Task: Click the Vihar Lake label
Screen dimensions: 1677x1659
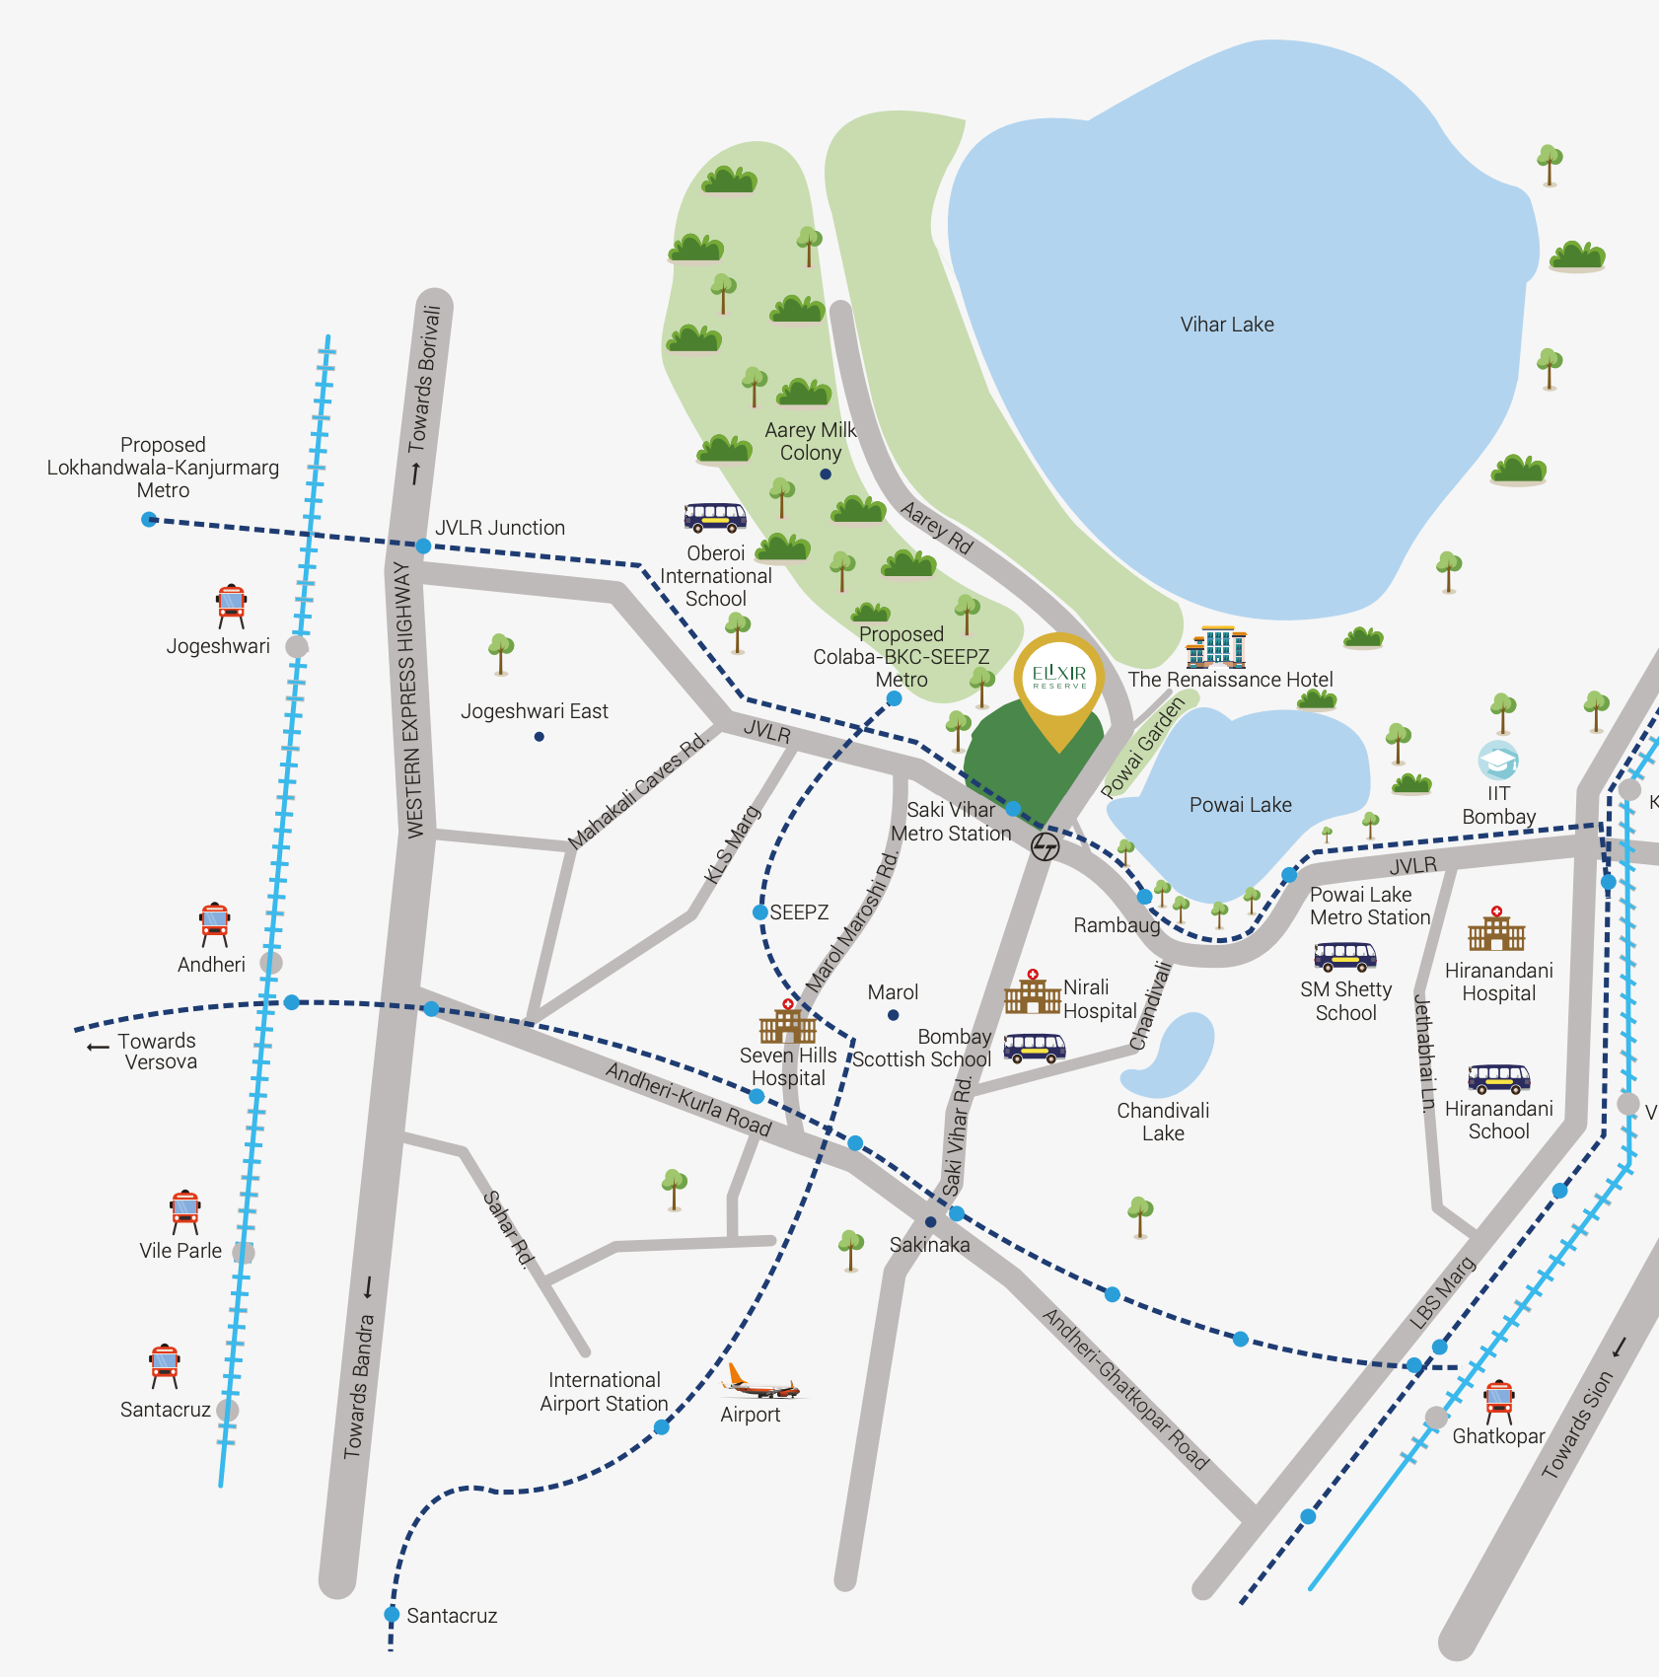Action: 1227,325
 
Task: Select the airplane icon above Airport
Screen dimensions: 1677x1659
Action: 760,1383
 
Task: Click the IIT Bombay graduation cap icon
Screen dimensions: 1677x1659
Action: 1497,761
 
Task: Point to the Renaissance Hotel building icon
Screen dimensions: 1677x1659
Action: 1216,647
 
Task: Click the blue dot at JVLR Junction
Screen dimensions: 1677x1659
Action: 423,546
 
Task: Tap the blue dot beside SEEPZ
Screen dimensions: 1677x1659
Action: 760,912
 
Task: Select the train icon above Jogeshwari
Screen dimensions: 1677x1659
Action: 232,605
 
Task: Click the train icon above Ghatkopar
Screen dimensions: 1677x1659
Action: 1498,1401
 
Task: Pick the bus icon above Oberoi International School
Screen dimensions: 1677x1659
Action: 715,517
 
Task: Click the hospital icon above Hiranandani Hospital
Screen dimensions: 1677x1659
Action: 1496,929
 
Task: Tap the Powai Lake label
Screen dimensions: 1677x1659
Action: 1240,805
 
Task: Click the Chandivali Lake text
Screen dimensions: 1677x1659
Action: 1163,1123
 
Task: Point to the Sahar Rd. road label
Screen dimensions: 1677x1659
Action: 508,1228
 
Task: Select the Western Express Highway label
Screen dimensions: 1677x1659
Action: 407,700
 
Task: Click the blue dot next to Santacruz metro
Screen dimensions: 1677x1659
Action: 392,1615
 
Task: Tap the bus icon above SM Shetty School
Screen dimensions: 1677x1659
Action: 1345,956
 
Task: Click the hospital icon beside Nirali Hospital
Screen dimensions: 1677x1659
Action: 1032,993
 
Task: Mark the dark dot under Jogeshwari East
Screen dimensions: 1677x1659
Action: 539,737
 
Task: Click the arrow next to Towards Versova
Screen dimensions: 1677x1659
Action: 98,1047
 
